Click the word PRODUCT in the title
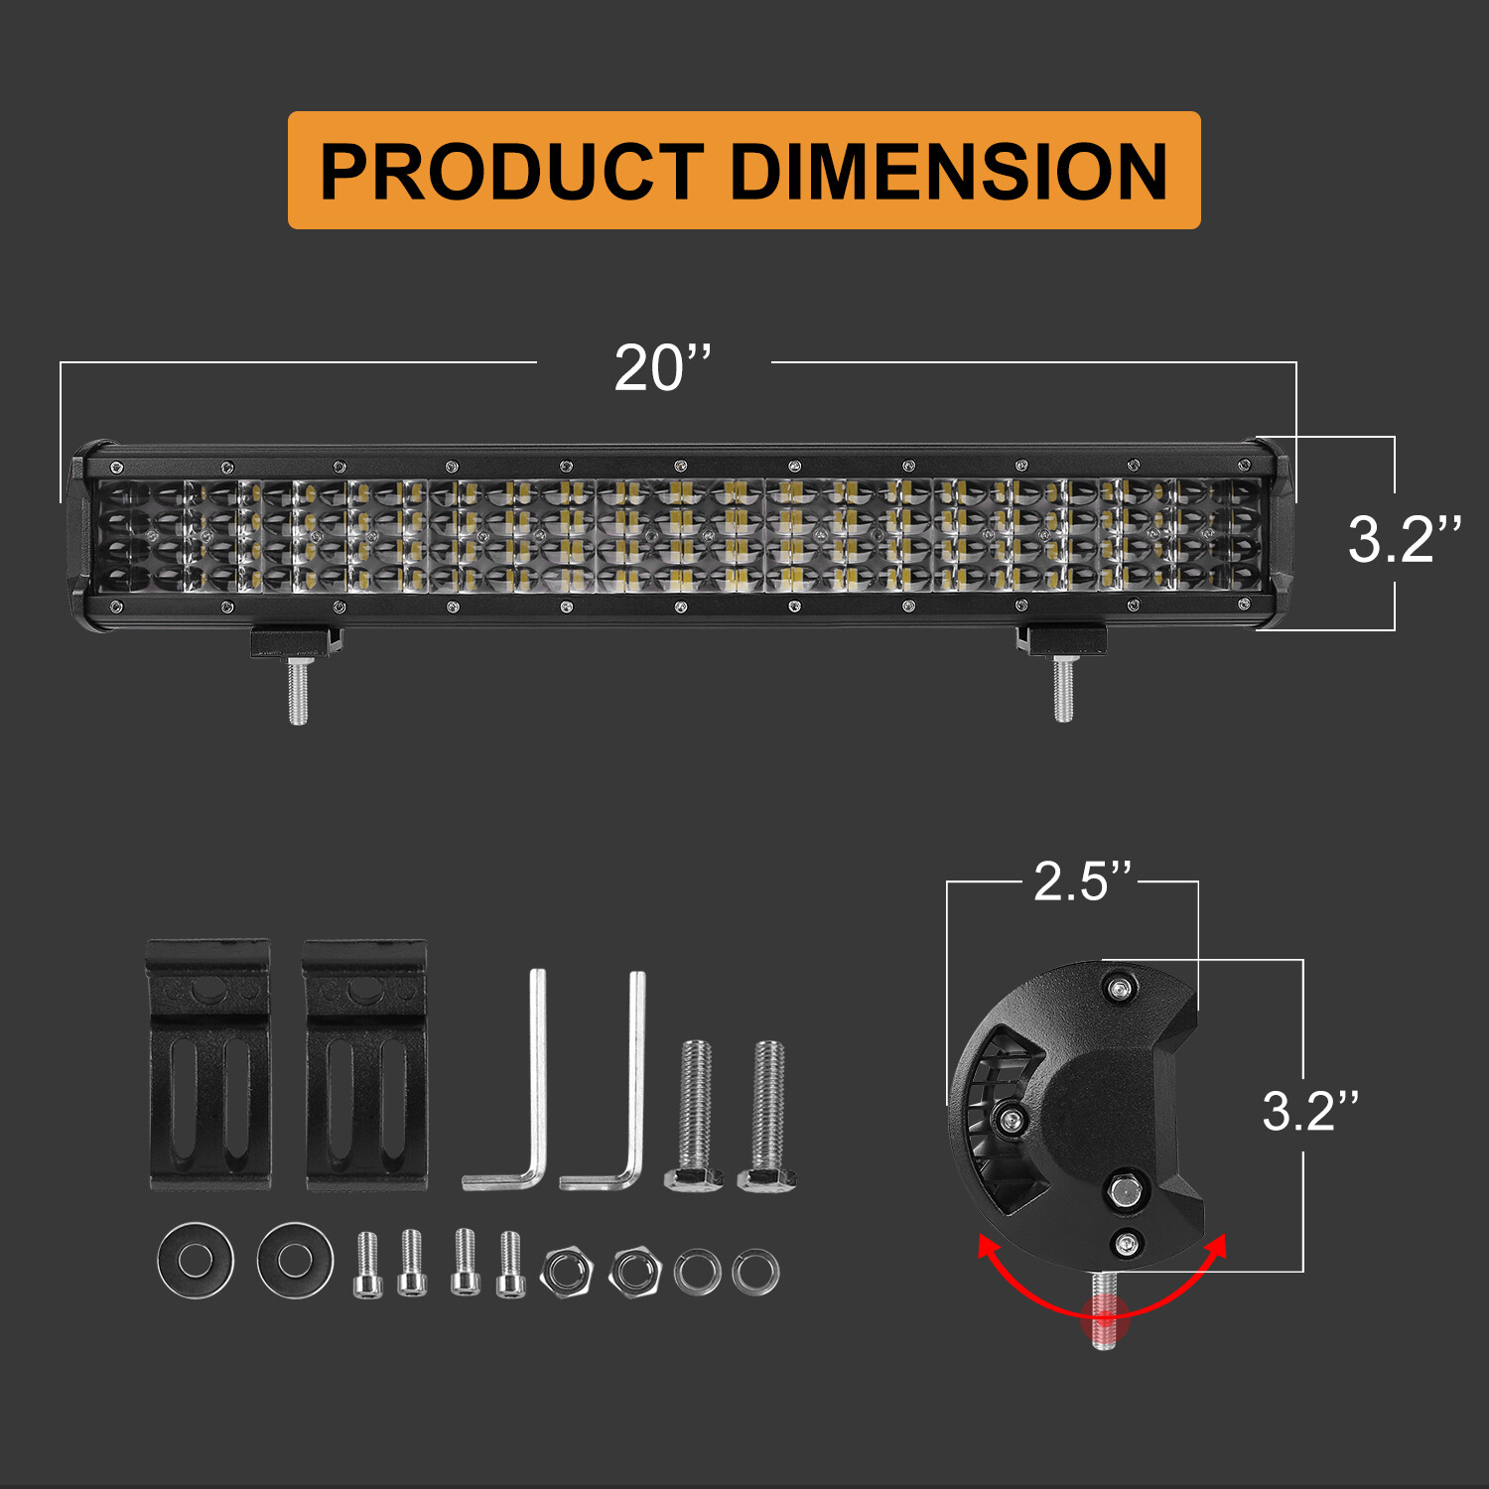[x=512, y=172]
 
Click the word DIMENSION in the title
[x=949, y=172]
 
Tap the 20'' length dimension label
[x=662, y=368]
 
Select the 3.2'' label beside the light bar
[x=1404, y=539]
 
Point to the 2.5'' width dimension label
[x=1082, y=881]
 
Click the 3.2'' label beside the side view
[x=1309, y=1111]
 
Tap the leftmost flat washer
[x=196, y=1260]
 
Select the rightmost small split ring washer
[x=755, y=1272]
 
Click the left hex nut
[x=563, y=1271]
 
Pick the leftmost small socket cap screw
[x=367, y=1265]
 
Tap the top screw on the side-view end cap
[x=1121, y=988]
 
